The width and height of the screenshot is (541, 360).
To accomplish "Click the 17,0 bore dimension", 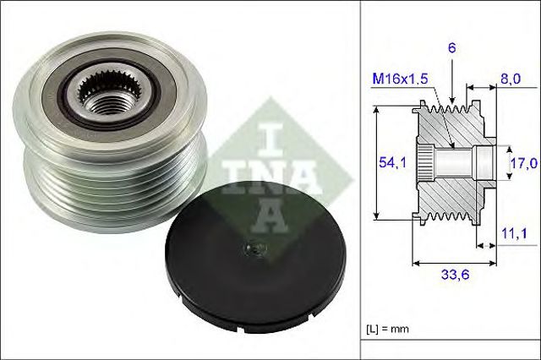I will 516,162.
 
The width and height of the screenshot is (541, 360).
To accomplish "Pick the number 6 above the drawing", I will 453,50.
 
